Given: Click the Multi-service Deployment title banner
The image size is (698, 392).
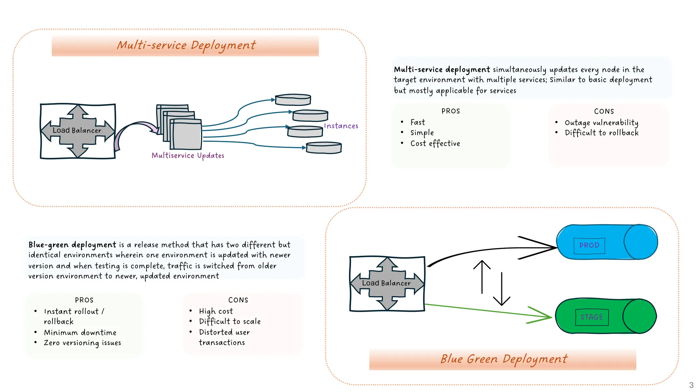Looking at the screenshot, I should (x=185, y=45).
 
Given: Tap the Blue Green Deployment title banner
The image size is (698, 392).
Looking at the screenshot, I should (x=503, y=359).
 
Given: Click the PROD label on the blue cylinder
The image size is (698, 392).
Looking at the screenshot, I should (x=589, y=245).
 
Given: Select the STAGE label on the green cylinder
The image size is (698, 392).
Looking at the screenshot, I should (x=592, y=317).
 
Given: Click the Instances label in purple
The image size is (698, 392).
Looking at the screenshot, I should (x=341, y=126).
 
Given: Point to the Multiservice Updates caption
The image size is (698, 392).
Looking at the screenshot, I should (x=188, y=156).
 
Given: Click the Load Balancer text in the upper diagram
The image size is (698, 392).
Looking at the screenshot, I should (x=77, y=130).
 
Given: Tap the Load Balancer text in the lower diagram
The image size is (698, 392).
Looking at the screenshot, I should (x=386, y=283).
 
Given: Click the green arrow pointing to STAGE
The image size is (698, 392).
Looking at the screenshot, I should (x=487, y=311).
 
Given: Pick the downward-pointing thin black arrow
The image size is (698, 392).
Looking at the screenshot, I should (x=502, y=289).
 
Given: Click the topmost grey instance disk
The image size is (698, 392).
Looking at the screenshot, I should (x=293, y=100).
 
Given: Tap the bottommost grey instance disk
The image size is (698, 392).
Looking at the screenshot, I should (x=324, y=148).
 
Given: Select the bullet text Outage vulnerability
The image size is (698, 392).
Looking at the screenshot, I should (x=601, y=122).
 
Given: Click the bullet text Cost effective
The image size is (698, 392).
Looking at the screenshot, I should (x=435, y=144).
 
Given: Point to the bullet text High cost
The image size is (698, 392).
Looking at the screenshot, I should (x=216, y=311).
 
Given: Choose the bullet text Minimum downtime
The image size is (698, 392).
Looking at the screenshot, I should (x=80, y=332).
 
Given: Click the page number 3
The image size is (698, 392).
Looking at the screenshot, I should (x=691, y=385).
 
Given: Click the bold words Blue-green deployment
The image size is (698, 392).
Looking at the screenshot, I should (x=72, y=245).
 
